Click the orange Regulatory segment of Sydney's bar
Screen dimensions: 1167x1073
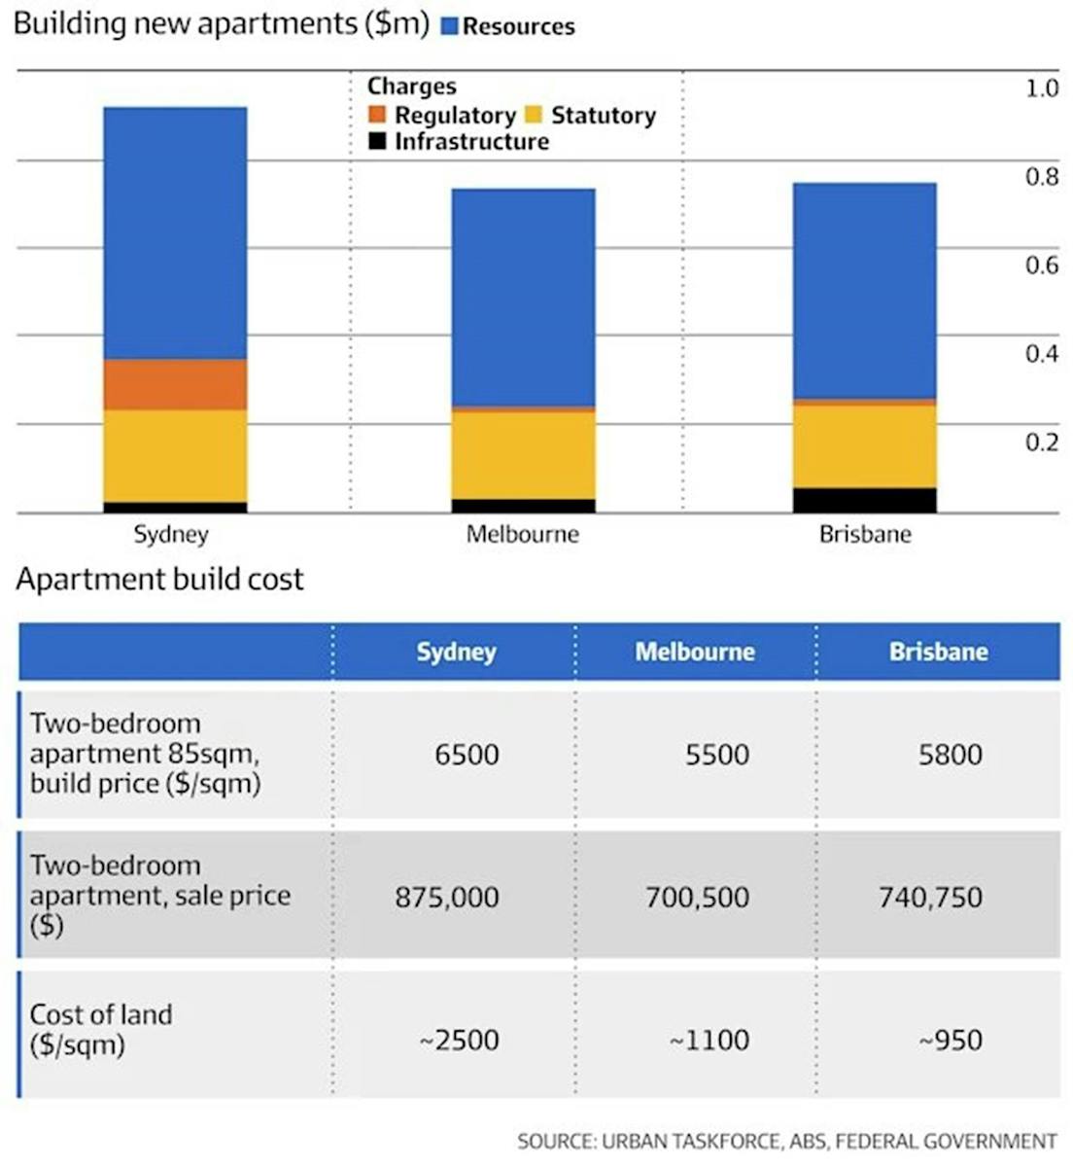click(175, 384)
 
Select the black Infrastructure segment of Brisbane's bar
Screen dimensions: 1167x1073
click(864, 500)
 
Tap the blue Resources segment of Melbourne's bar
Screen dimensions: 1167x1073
click(523, 297)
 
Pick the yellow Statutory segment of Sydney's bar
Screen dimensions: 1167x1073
click(175, 455)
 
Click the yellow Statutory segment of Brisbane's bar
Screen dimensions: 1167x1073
click(864, 446)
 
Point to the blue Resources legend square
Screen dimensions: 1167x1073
click(449, 26)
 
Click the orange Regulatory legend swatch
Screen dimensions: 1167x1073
click(377, 115)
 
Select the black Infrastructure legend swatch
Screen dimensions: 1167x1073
click(377, 142)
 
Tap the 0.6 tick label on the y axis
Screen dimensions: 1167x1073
click(1041, 265)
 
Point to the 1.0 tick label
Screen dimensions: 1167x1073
click(1041, 88)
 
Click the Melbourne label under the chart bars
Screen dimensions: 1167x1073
click(522, 534)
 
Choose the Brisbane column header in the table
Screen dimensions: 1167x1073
click(938, 652)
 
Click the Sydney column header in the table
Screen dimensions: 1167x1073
click(456, 652)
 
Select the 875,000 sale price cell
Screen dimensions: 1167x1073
click(447, 897)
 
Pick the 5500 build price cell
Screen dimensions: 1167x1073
click(716, 755)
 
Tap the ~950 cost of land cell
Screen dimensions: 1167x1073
click(951, 1041)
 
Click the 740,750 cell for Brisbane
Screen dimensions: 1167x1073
click(930, 897)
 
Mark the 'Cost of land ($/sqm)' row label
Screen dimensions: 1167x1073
click(101, 1029)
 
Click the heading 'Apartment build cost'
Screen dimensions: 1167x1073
click(159, 580)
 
